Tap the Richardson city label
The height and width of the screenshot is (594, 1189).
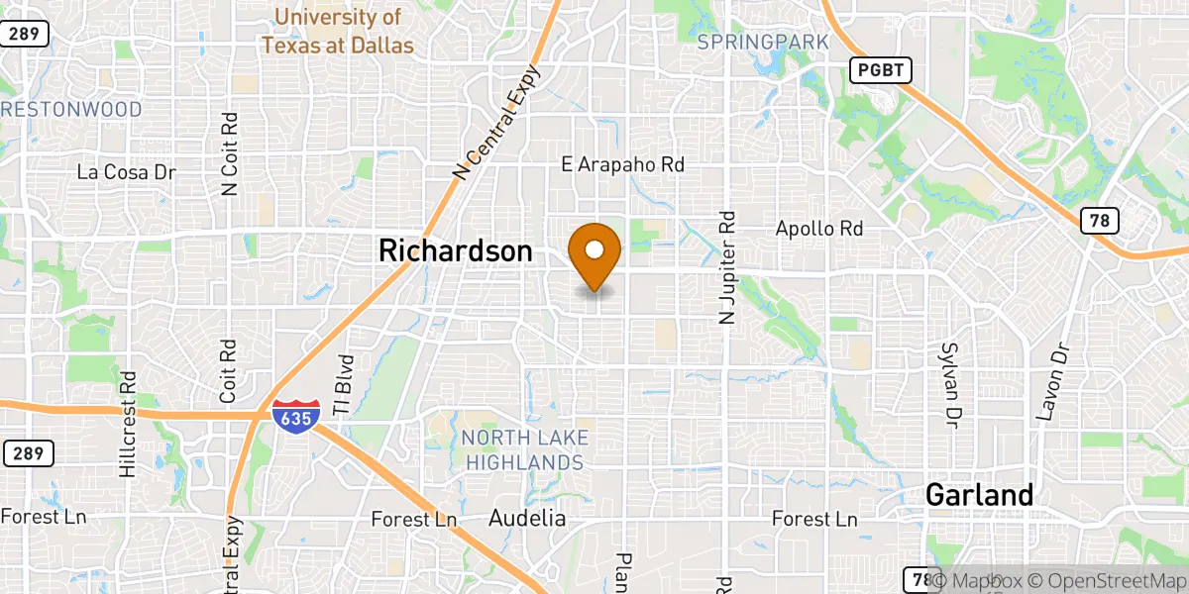coord(455,251)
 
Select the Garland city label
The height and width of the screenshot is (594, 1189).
coord(979,494)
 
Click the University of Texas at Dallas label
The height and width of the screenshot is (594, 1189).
coord(338,31)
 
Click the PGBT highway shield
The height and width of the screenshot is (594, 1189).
coord(880,70)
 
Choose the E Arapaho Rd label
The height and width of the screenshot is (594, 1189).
coord(622,164)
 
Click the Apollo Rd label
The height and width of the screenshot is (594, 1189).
coord(818,229)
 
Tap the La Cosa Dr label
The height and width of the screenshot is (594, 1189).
coord(126,172)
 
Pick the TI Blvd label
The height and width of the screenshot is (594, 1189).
coord(344,385)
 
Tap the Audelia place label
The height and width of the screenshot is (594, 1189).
coord(527,518)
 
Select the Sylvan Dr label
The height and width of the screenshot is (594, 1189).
coord(952,386)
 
